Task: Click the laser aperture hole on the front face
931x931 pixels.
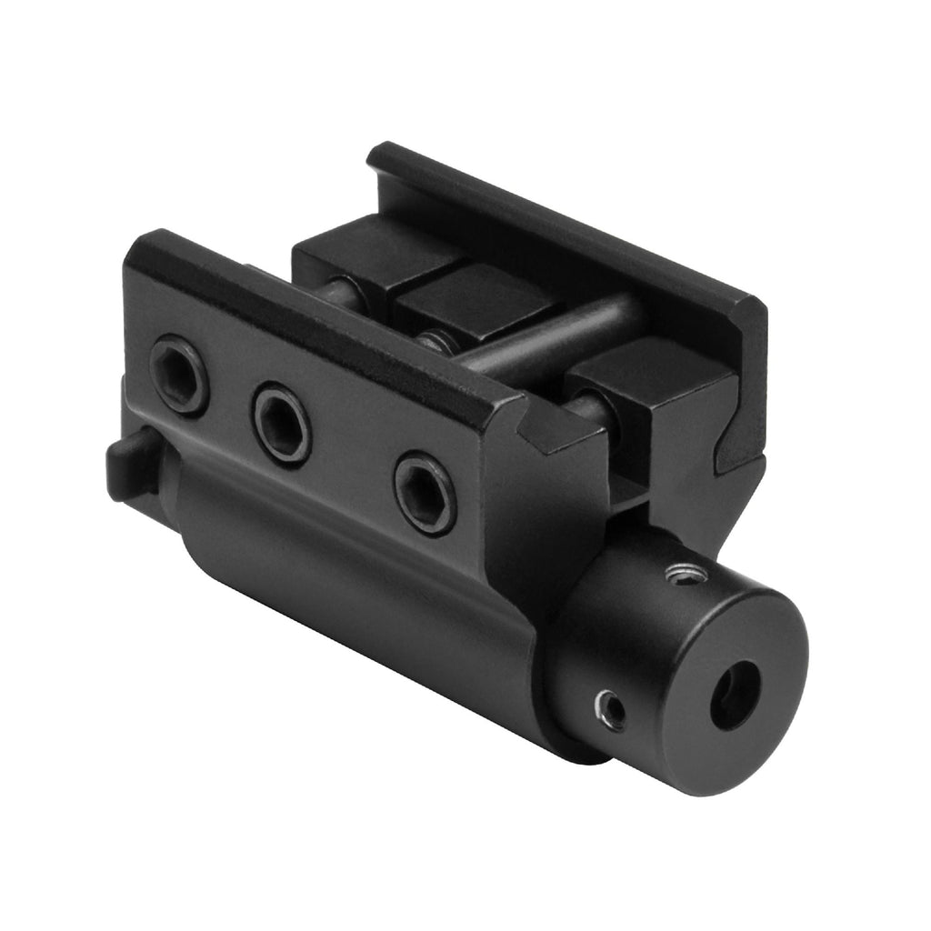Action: click(x=735, y=696)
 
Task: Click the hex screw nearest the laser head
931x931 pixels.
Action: click(x=425, y=494)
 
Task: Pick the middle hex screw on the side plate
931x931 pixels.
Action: click(x=281, y=424)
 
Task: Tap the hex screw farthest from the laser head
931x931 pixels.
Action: click(x=178, y=373)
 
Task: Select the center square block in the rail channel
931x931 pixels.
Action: click(x=473, y=305)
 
